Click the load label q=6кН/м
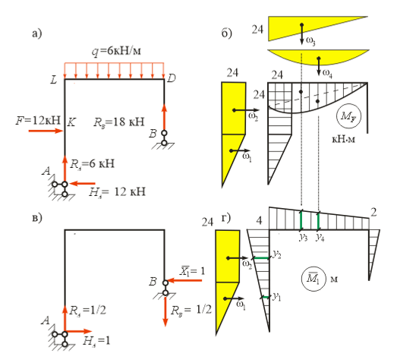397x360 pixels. [116, 51]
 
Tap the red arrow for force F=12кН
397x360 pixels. [46, 131]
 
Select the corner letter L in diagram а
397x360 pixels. [54, 80]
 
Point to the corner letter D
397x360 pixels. [172, 78]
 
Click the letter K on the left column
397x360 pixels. [71, 122]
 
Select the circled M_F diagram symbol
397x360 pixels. [348, 116]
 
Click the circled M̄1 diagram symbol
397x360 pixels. [314, 279]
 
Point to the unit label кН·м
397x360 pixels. [343, 139]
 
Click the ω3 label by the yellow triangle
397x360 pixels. [310, 40]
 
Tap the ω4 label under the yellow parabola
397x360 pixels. [327, 73]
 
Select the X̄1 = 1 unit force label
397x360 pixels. [192, 271]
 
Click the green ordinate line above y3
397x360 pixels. [301, 220]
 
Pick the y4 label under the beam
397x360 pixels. [320, 238]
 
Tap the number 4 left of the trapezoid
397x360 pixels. [259, 220]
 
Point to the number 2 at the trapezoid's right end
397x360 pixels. [373, 213]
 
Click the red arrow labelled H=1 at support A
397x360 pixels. [78, 331]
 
